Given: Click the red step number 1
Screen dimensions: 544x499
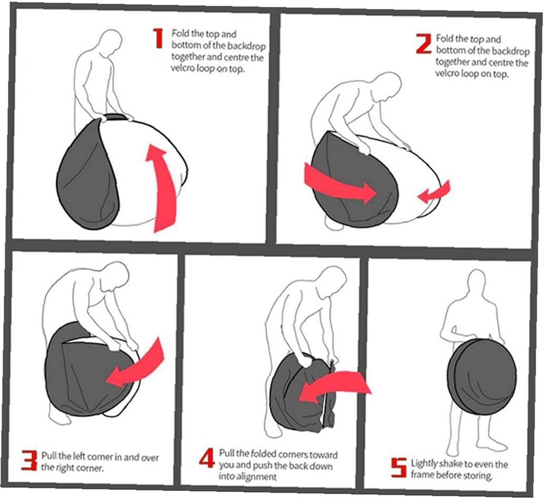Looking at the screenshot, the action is (x=158, y=38).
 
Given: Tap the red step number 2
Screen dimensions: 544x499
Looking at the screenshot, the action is (x=424, y=44).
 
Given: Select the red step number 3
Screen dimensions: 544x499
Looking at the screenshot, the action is (x=29, y=460).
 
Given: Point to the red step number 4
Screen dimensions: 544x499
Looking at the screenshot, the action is (x=208, y=458).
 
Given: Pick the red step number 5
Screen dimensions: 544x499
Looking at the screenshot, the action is (x=399, y=467).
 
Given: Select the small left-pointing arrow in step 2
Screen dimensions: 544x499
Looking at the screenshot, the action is (x=435, y=193).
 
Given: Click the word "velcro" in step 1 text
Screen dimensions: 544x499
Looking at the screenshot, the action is (x=182, y=67).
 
